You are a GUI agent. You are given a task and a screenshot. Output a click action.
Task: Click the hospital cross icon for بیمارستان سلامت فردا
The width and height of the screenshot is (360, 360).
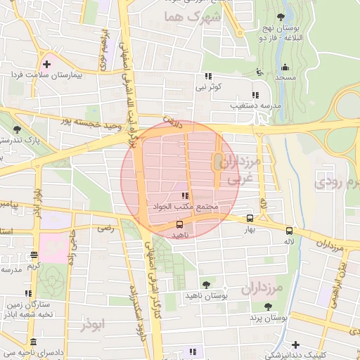coord(46,63)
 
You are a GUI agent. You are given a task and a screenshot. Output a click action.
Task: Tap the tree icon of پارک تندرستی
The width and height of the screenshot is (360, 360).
coord(17,130)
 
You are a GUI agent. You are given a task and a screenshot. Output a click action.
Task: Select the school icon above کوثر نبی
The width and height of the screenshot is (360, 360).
coord(208,77)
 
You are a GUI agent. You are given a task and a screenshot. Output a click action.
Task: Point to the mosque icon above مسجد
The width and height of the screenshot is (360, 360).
coord(285,68)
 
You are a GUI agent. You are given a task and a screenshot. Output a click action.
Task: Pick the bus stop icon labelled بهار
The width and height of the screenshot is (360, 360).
coord(251,219)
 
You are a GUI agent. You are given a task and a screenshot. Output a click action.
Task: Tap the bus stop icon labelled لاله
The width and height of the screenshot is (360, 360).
coord(289,230)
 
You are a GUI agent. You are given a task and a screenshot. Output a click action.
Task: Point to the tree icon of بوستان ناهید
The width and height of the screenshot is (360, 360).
coord(206,284)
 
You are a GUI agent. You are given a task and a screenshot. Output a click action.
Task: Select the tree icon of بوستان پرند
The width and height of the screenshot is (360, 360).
coord(268,307)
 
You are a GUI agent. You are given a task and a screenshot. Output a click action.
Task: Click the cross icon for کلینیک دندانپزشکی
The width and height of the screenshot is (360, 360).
coord(296,345)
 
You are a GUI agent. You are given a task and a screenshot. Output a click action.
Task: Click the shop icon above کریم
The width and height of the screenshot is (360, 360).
coord(34,255)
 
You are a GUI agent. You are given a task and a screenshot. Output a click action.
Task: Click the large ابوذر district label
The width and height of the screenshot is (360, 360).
coord(92,324)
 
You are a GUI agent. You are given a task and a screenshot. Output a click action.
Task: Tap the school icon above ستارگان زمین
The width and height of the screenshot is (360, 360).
coord(28,293)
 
